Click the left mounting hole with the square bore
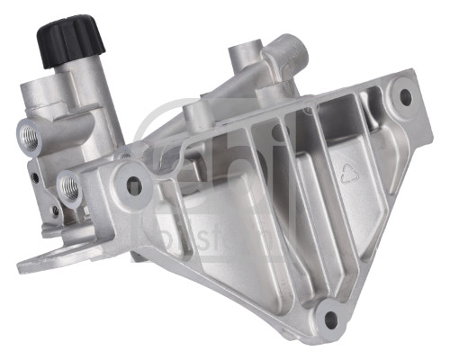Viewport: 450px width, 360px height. click(x=134, y=185)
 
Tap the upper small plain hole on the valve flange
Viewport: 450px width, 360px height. click(x=34, y=177)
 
